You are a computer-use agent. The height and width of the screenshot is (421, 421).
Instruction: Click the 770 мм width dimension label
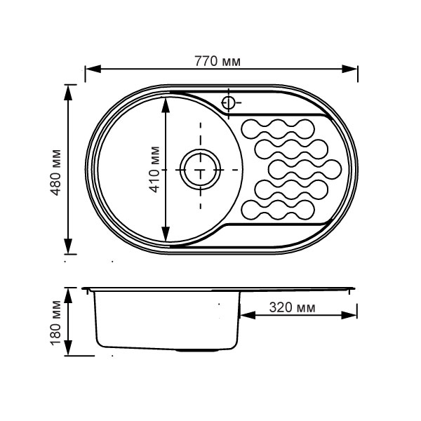[x=218, y=62]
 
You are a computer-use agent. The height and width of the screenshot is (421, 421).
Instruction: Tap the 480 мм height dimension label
[x=56, y=173]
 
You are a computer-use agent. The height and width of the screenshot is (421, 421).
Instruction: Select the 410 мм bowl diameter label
[x=154, y=169]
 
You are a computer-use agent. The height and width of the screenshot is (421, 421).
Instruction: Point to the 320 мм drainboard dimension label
[x=292, y=307]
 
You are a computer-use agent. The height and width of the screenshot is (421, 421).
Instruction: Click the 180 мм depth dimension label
[x=56, y=323]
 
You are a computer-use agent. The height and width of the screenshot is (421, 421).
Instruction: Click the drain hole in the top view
[x=200, y=170]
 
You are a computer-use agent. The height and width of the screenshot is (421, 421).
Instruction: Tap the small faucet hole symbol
[x=228, y=102]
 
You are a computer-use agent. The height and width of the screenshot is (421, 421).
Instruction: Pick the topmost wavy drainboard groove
[x=278, y=129]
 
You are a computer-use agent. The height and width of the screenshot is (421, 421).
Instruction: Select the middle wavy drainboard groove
[x=305, y=169]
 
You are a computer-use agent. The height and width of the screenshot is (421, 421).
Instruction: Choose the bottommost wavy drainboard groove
[x=278, y=210]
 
